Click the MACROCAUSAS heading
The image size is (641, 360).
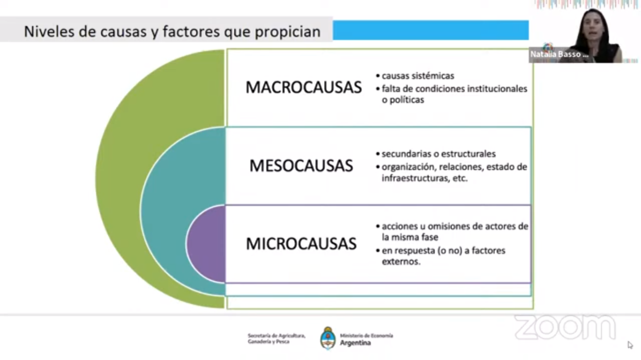tap(304, 87)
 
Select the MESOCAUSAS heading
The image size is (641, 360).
tap(301, 166)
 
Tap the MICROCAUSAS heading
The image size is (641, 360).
tap(301, 244)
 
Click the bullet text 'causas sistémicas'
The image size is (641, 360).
tap(418, 76)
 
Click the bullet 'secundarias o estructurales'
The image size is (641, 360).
tap(439, 154)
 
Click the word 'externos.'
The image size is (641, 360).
tap(401, 262)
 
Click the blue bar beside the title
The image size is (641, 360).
tap(430, 30)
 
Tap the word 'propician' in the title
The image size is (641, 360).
tap(288, 32)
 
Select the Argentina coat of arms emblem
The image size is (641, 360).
tap(328, 338)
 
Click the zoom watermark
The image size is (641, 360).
tap(565, 327)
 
